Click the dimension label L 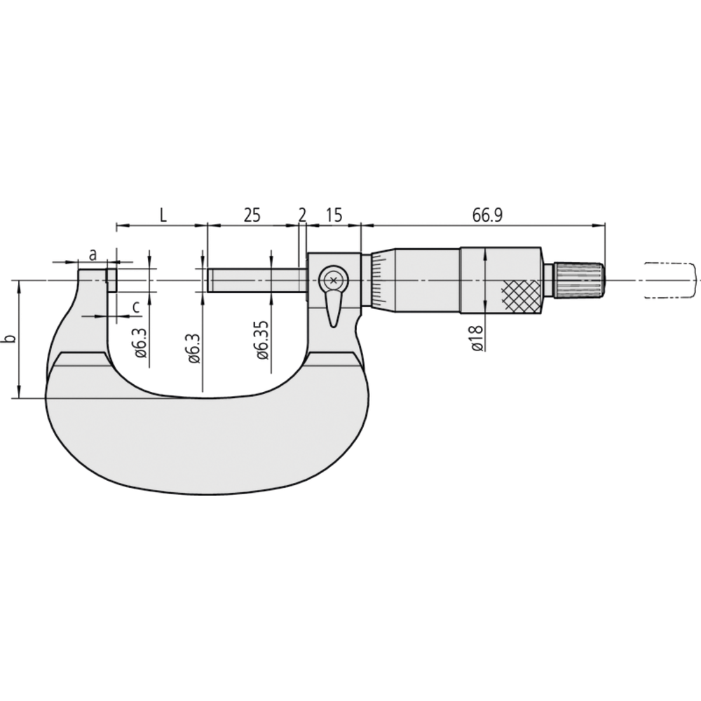(163, 215)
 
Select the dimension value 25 (251, 215)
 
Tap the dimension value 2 (302, 215)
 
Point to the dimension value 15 (334, 215)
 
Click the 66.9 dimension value (486, 215)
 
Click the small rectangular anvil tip (111, 280)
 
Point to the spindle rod (256, 281)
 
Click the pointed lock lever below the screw (334, 308)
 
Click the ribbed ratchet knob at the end (579, 280)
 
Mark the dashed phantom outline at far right (670, 280)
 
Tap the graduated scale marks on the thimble (378, 280)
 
